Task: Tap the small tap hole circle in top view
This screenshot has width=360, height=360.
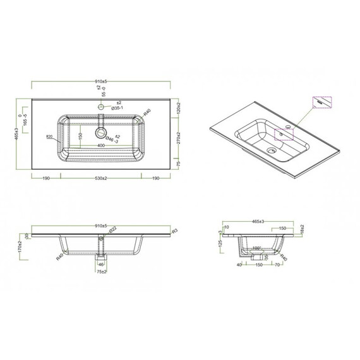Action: pos(100,108)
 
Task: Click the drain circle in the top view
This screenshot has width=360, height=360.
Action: pos(100,133)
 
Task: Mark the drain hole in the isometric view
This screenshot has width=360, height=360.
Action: pos(272,151)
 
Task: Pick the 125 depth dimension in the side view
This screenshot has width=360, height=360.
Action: pos(220,243)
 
